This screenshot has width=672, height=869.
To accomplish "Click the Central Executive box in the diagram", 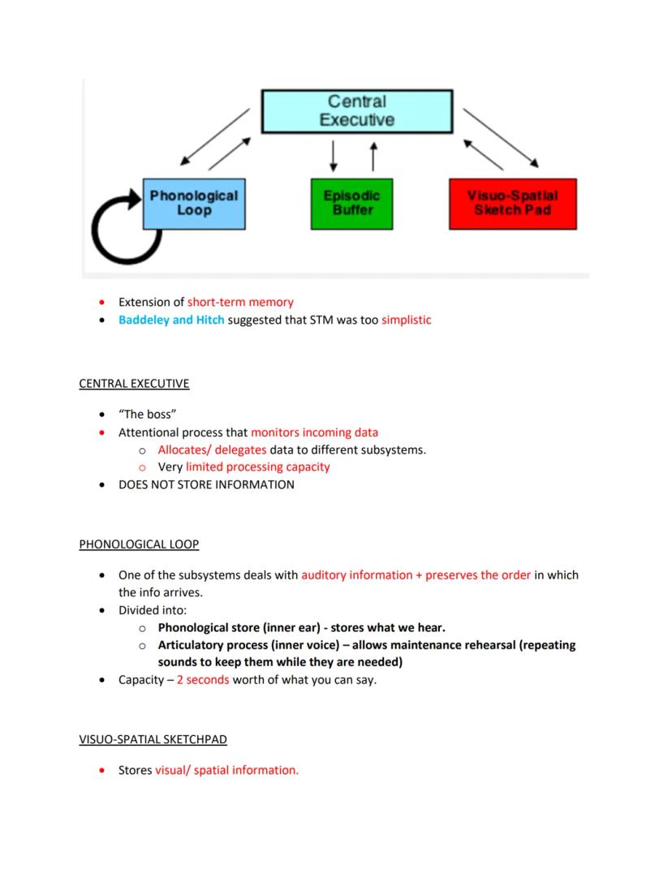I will [x=356, y=111].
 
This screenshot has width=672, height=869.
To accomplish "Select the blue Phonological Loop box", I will [x=194, y=203].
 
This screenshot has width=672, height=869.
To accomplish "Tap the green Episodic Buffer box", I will [x=351, y=203].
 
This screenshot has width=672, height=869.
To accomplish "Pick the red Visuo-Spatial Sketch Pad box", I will [x=512, y=203].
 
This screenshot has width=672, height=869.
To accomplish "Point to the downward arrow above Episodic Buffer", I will [x=334, y=156].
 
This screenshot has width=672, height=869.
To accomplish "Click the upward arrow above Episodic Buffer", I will [x=373, y=156].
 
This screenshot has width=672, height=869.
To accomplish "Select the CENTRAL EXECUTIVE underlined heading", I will [x=134, y=383].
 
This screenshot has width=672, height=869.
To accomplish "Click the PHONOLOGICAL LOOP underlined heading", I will [x=139, y=544].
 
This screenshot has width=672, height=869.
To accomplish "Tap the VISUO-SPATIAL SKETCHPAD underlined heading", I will [x=153, y=739].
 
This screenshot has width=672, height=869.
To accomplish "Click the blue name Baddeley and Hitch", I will [x=171, y=320].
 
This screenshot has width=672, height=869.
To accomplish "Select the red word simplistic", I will [x=406, y=320].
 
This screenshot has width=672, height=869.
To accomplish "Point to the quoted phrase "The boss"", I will [x=148, y=415].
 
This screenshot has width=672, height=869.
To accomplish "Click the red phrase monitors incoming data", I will [x=314, y=432].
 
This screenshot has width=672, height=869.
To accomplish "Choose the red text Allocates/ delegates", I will [x=212, y=450].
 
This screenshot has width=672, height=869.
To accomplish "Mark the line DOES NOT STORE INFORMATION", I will [x=206, y=484].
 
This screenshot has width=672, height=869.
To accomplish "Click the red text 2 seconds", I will [x=203, y=680].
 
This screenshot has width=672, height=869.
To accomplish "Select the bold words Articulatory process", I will [x=214, y=645].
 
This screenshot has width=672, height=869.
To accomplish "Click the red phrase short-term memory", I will [x=240, y=302].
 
